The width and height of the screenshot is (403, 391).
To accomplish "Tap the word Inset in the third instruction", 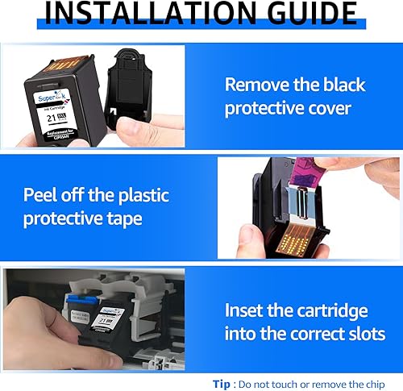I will click(250, 310).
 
